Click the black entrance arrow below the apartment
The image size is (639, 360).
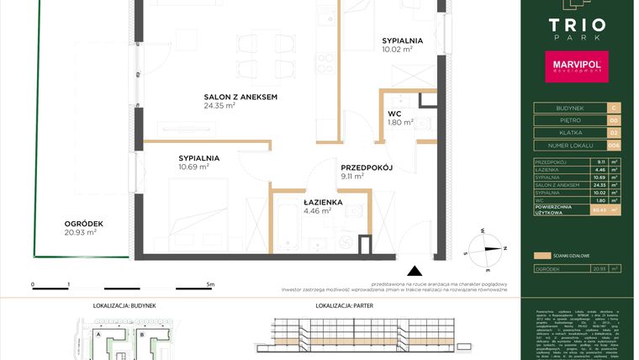click(x=413, y=271)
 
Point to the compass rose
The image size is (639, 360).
click(x=486, y=247)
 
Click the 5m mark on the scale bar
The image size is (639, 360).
click(x=210, y=285)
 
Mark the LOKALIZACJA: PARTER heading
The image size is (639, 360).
click(x=345, y=307)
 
